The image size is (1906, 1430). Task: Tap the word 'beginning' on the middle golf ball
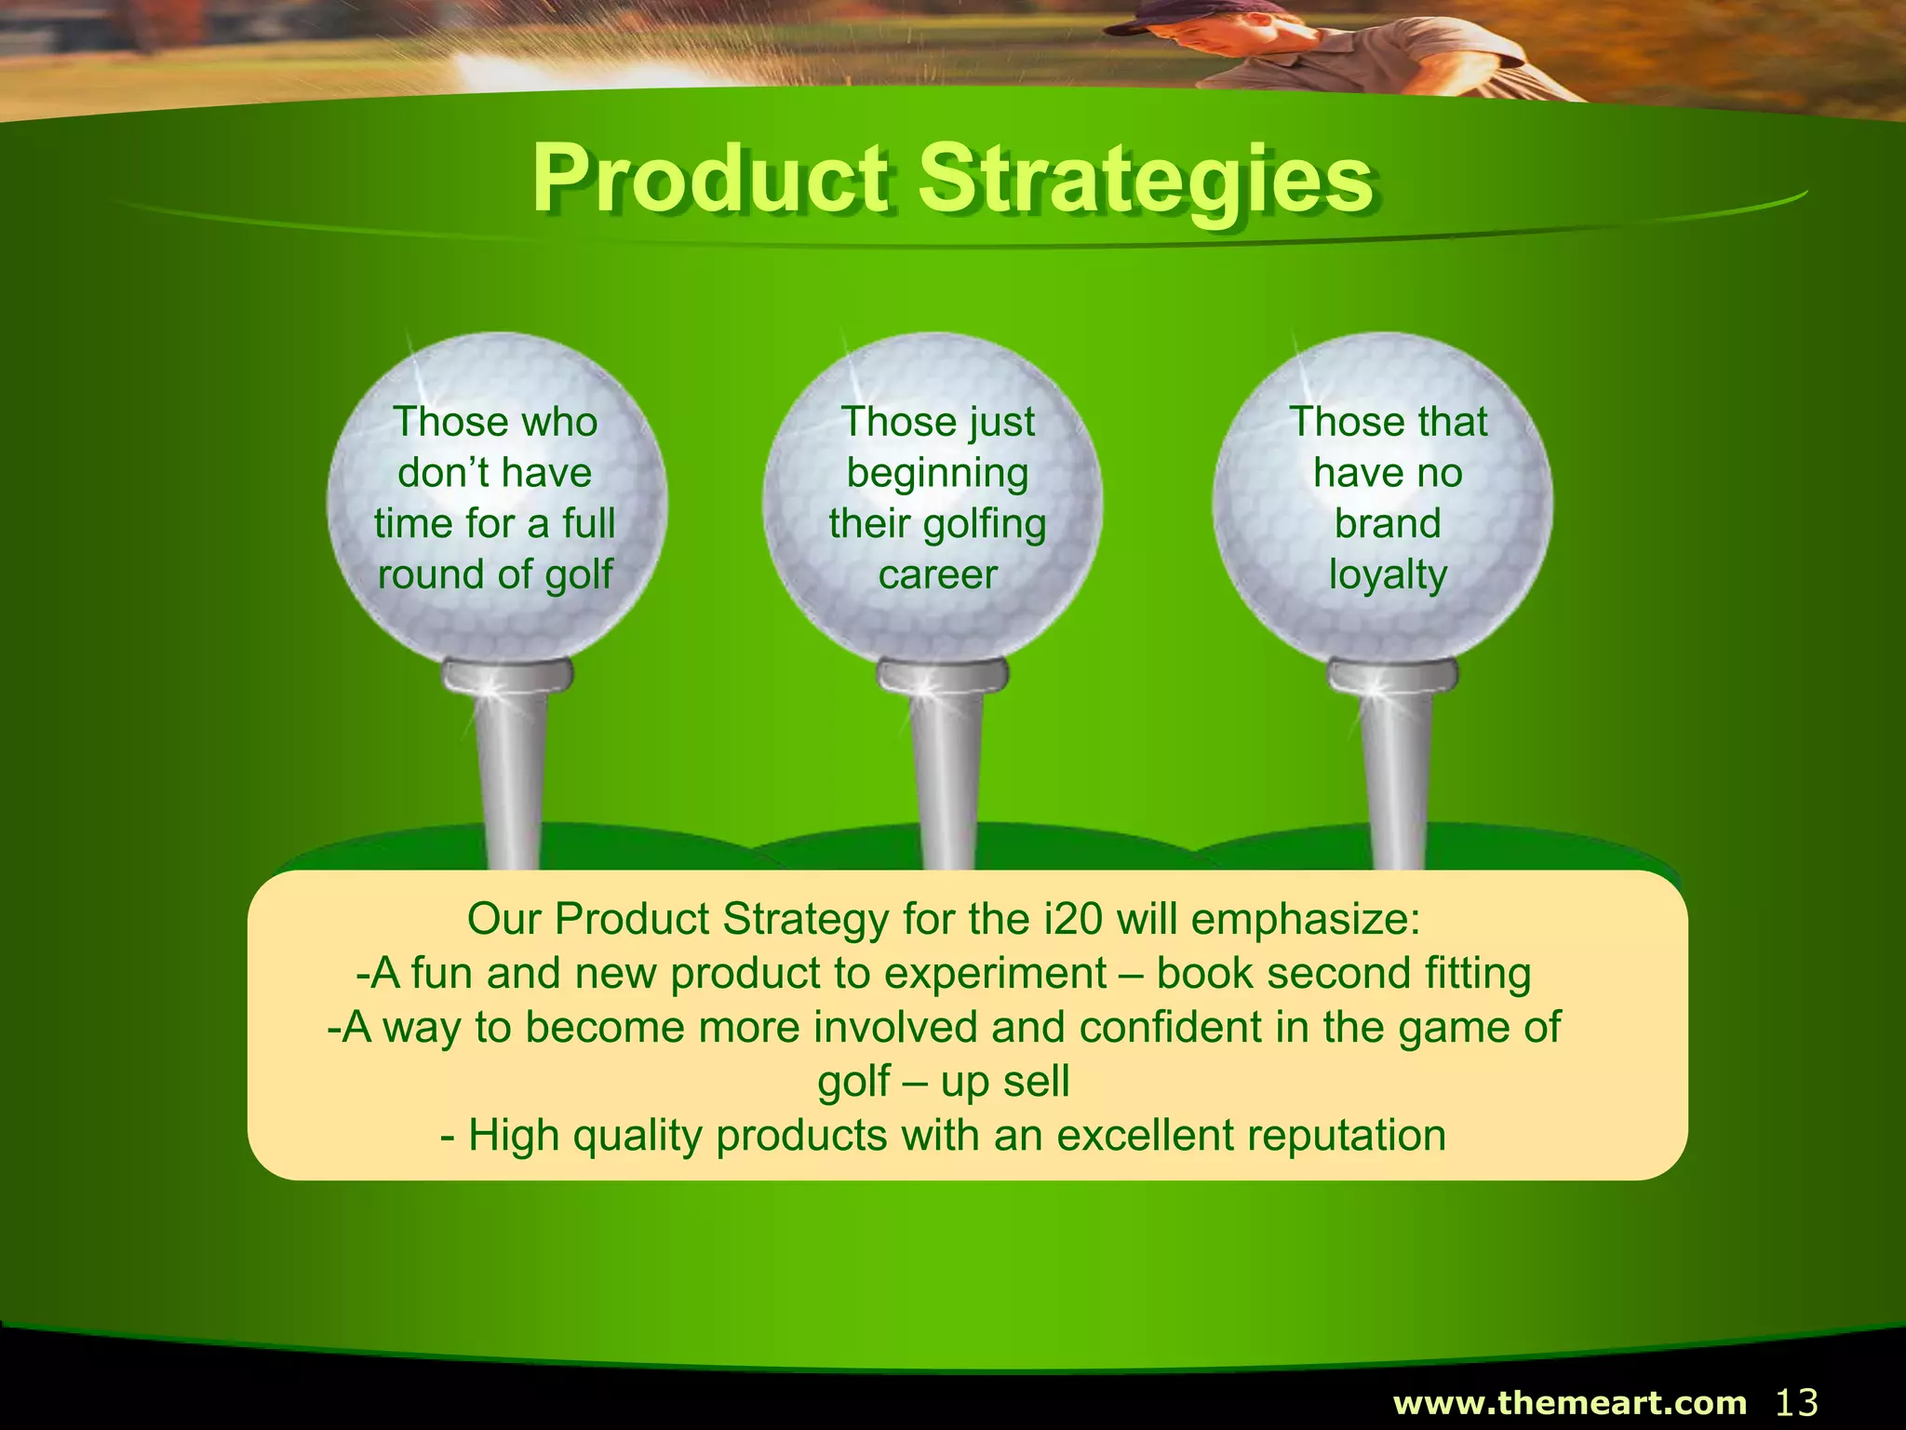pyautogui.click(x=937, y=473)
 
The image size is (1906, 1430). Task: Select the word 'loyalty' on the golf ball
pyautogui.click(x=1388, y=574)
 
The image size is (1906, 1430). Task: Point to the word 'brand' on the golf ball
pyautogui.click(x=1388, y=523)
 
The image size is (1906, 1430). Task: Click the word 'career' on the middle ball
pyautogui.click(x=937, y=574)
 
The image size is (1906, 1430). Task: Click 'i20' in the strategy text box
pyautogui.click(x=1073, y=919)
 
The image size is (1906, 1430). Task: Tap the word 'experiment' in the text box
pyautogui.click(x=995, y=974)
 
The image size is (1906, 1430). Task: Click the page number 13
pyautogui.click(x=1796, y=1402)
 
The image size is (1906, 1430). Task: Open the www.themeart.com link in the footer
pyautogui.click(x=1569, y=1402)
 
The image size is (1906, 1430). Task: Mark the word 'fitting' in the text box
pyautogui.click(x=1478, y=974)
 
